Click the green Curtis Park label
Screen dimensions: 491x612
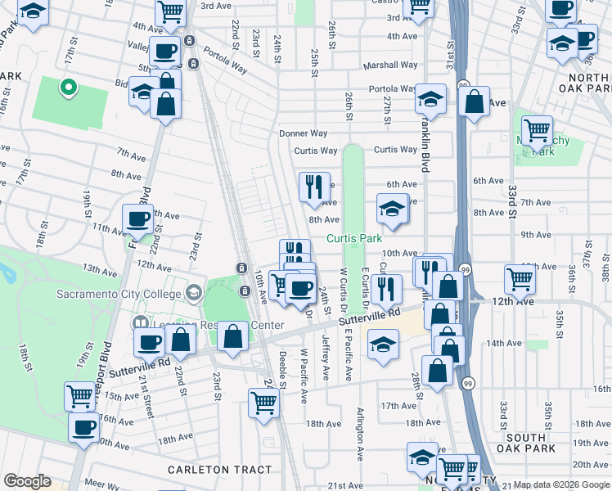[x=354, y=238]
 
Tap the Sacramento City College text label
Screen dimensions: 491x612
[x=119, y=295]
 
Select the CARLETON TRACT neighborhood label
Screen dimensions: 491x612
[x=219, y=469]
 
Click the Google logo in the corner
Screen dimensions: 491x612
[x=27, y=481]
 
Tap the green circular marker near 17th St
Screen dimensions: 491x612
[x=70, y=86]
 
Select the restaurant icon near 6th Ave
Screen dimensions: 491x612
[x=314, y=187]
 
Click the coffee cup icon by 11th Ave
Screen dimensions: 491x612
[x=137, y=218]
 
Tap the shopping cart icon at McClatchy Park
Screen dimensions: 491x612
[x=537, y=129]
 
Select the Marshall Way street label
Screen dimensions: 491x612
[x=394, y=65]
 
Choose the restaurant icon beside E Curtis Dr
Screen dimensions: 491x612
[x=385, y=288]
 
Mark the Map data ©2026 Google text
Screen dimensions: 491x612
[x=561, y=484]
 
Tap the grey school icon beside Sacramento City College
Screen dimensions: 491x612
[x=194, y=293]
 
